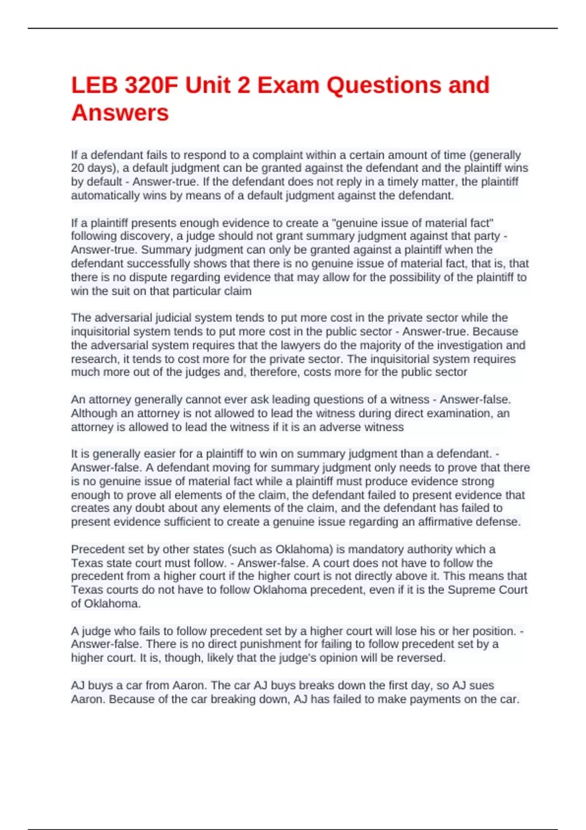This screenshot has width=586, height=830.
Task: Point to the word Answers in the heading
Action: click(120, 113)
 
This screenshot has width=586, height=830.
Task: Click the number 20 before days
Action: click(78, 168)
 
